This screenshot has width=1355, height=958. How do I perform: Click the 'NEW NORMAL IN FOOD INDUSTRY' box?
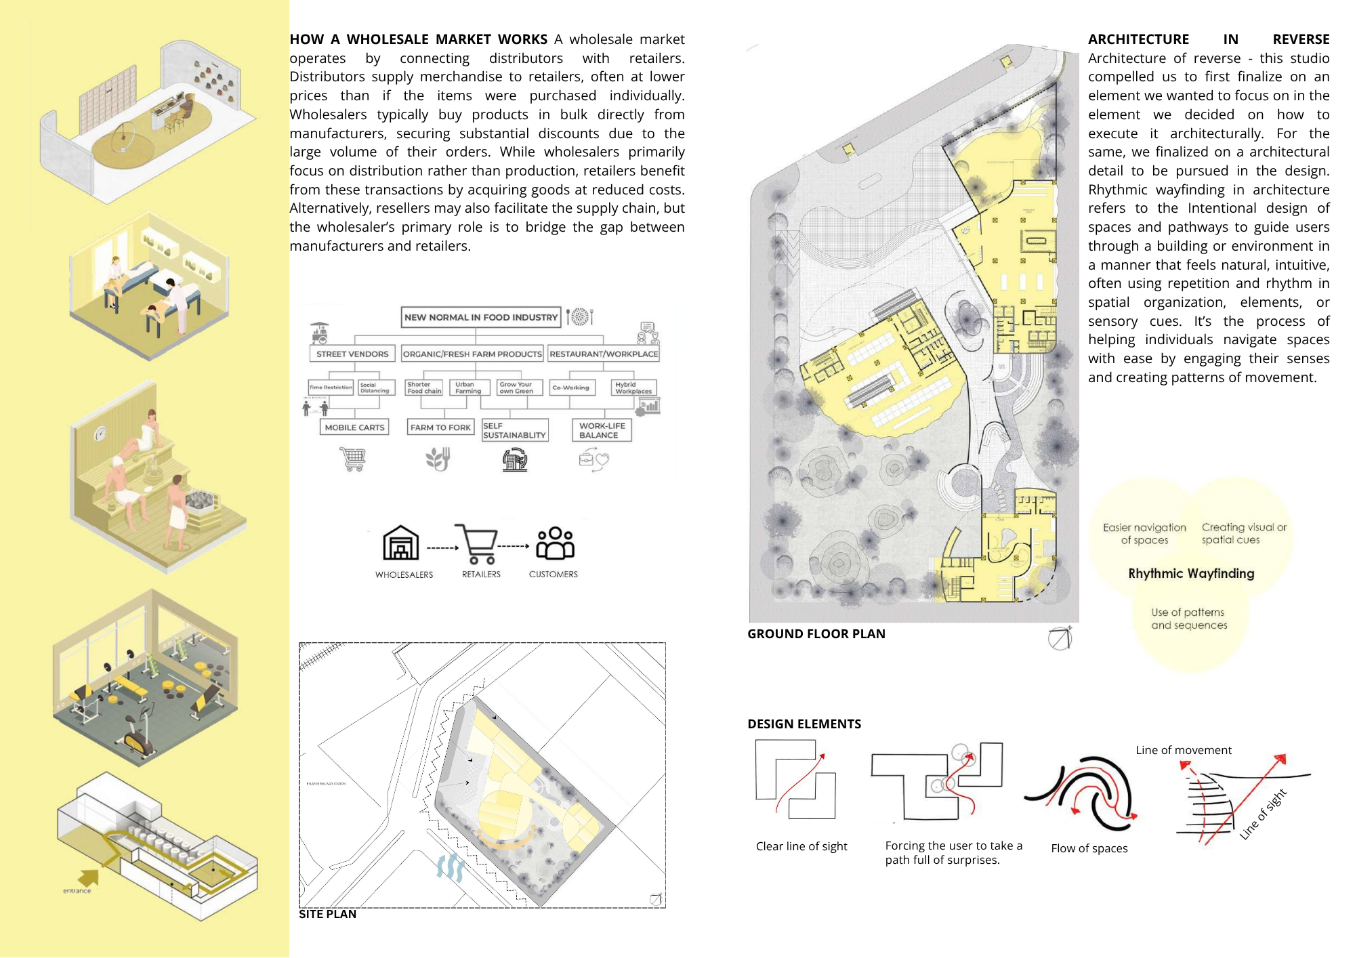pos(480,317)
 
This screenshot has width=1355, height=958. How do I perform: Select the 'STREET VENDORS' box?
pos(352,354)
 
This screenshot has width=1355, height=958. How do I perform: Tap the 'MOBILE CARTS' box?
pos(354,428)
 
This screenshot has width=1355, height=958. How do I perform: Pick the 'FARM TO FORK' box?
pos(440,428)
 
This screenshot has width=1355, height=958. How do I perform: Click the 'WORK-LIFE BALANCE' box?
pos(602,430)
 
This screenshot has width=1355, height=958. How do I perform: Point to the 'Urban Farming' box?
pos(468,388)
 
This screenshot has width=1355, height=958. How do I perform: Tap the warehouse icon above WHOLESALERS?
pos(401,543)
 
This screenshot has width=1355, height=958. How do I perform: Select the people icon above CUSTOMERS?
pos(555,543)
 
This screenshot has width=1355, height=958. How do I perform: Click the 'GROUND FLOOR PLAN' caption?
pos(816,634)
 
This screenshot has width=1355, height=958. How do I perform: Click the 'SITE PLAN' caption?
pos(327,915)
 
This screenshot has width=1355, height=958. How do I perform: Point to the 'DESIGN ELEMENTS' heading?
pos(804,724)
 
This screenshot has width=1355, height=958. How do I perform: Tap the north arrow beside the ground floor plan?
pos(1060,638)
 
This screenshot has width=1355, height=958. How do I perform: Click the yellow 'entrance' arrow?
pos(88,879)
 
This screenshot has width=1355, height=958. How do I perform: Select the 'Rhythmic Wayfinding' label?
pos(1191,574)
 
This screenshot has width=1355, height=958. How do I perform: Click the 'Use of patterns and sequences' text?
pos(1189,619)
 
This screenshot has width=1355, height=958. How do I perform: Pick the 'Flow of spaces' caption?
pos(1089,849)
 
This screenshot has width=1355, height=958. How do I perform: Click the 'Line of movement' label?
pos(1183,751)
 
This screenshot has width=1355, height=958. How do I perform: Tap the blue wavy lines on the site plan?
pos(451,867)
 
